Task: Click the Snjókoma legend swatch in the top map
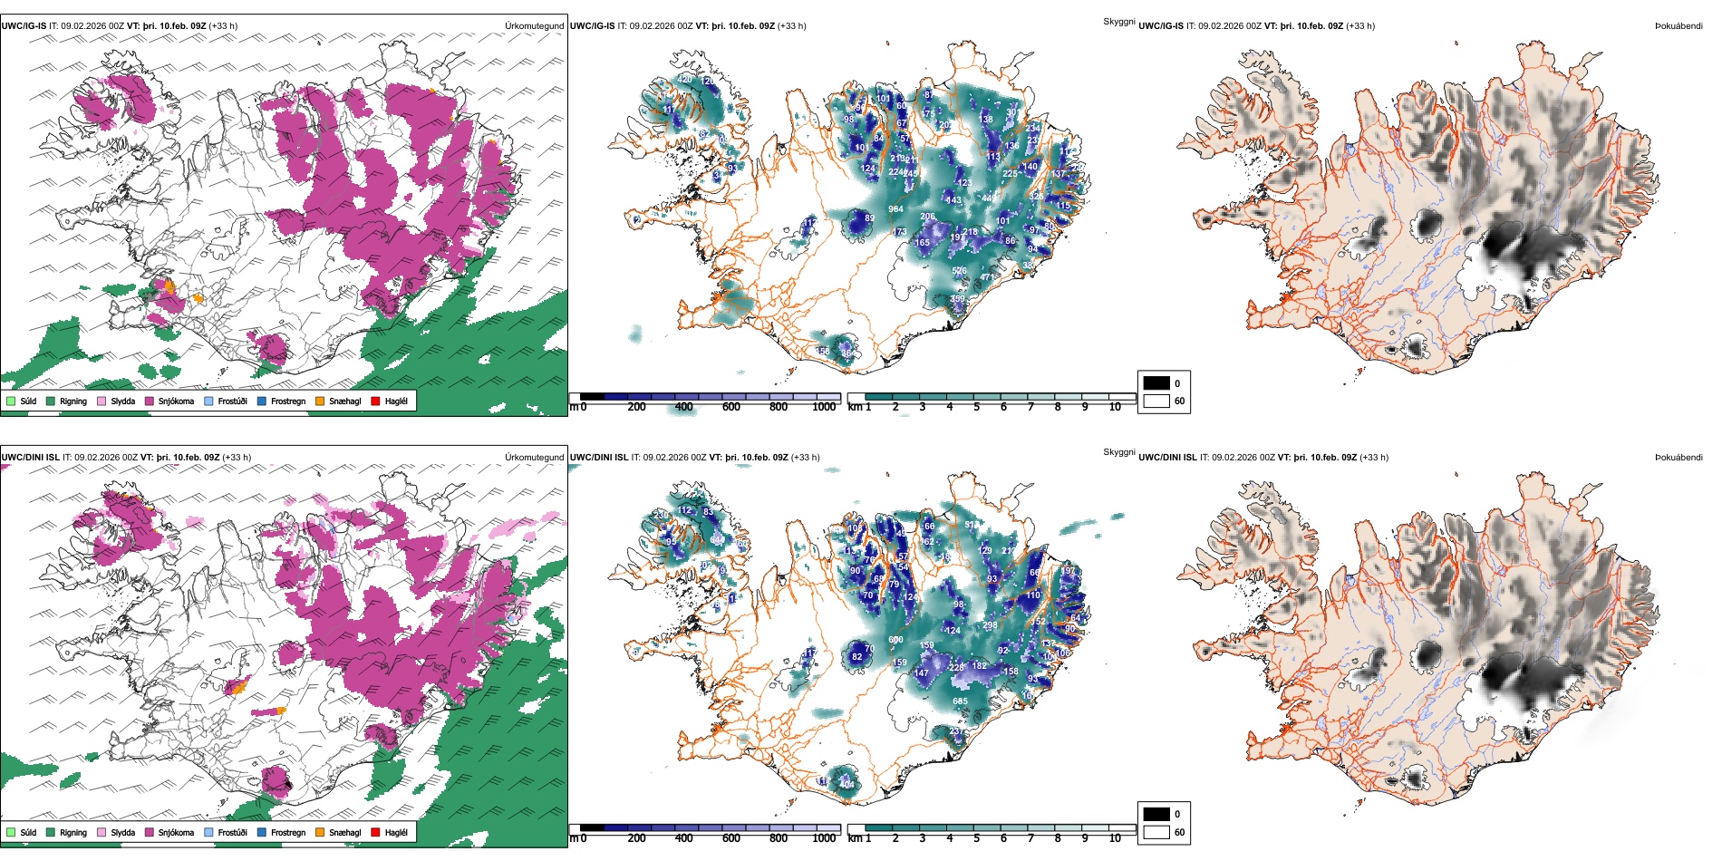(x=150, y=401)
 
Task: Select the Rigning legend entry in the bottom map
(x=51, y=832)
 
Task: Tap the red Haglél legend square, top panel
(x=376, y=401)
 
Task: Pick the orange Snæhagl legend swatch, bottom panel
(x=320, y=832)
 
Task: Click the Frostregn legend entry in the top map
(x=263, y=401)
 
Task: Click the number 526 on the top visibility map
(x=959, y=271)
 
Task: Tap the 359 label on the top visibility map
(x=957, y=299)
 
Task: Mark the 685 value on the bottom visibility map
(x=960, y=701)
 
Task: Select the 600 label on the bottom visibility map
(x=895, y=640)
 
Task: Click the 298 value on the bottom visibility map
(x=990, y=625)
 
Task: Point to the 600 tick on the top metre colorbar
(x=731, y=407)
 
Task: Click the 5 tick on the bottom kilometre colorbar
(x=977, y=838)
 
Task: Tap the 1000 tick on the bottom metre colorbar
(x=824, y=838)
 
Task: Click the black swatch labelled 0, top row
(x=1156, y=382)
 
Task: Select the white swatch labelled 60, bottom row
(x=1156, y=832)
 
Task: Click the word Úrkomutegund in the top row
(x=534, y=26)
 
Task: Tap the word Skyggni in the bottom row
(x=1118, y=451)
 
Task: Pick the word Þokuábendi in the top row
(x=1678, y=26)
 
